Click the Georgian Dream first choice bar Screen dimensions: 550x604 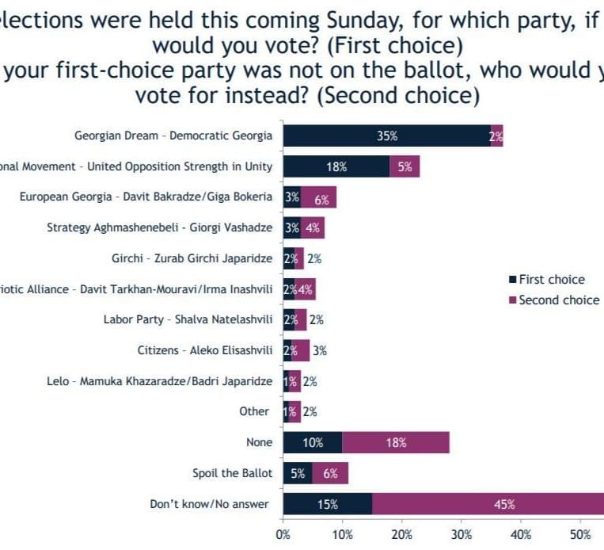coord(386,136)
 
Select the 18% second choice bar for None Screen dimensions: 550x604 coord(395,442)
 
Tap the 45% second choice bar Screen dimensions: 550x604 coord(488,503)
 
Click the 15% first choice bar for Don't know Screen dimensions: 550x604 coord(327,503)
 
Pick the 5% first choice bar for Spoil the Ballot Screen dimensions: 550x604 coord(298,473)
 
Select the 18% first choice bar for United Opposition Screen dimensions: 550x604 coord(336,166)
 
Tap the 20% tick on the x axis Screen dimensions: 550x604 coord(402,535)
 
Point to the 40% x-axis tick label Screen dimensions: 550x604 coord(521,535)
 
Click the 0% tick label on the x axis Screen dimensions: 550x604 coord(283,535)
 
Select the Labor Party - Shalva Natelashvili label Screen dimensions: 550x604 coord(188,319)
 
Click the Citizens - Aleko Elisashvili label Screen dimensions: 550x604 coord(205,350)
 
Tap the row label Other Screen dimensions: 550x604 coord(254,411)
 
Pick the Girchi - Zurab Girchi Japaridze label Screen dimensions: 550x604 coord(192,258)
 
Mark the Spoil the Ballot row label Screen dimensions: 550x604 coord(232,473)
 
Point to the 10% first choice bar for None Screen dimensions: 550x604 coord(312,442)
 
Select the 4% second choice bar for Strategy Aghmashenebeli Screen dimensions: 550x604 coord(313,227)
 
